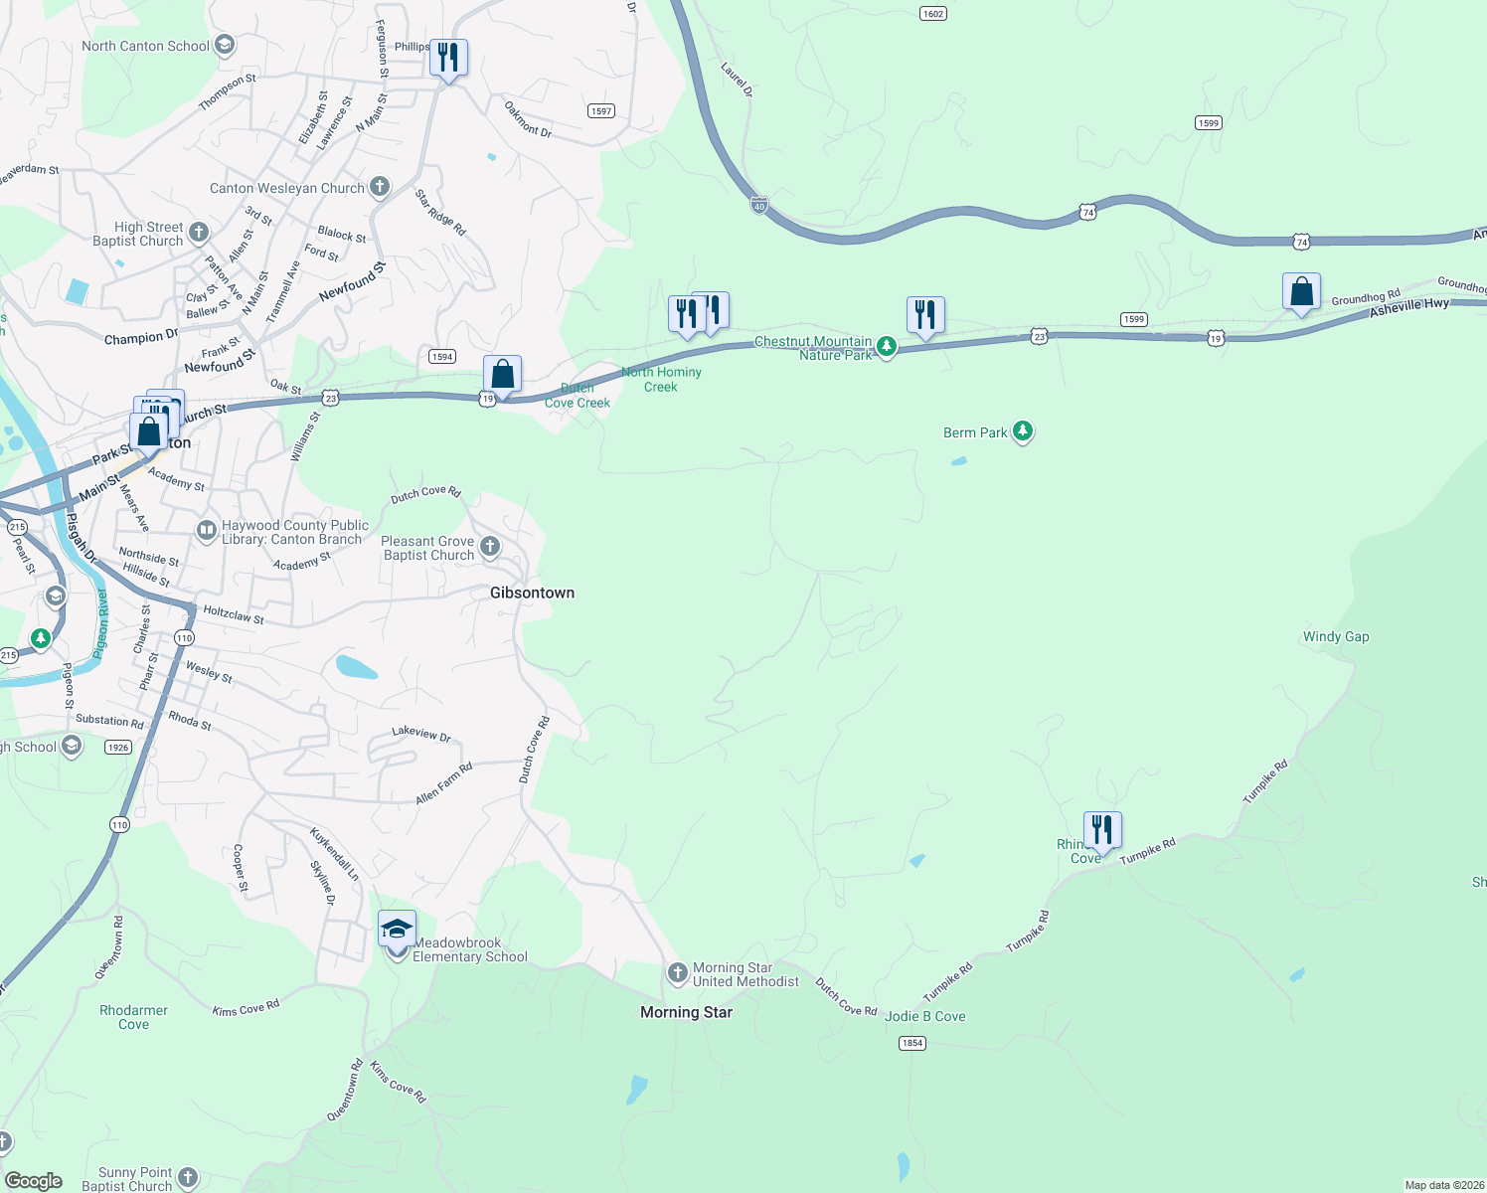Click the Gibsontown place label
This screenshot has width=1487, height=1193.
(x=532, y=593)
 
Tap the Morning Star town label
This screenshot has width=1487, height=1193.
(x=686, y=1012)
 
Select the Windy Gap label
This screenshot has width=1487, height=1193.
(x=1335, y=636)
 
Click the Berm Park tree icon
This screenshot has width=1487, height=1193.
(x=1023, y=431)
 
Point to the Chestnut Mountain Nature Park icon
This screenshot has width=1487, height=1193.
(x=887, y=346)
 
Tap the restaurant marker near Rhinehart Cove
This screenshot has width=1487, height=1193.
(x=1102, y=830)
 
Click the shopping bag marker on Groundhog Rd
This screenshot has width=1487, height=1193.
(x=1301, y=292)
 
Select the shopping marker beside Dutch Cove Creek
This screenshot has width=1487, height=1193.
(x=503, y=375)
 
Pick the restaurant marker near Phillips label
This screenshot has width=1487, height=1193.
(x=448, y=58)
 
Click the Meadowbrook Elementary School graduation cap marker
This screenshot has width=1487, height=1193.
(x=397, y=930)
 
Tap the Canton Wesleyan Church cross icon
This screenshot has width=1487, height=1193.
(x=380, y=187)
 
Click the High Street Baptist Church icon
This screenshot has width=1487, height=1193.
(x=199, y=233)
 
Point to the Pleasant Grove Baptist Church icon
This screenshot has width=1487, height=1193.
(x=490, y=546)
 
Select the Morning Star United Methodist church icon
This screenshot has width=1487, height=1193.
(x=677, y=972)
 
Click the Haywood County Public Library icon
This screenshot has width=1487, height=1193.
(x=206, y=531)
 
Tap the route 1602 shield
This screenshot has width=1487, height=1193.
(x=932, y=14)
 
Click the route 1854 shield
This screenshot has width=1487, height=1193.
(x=911, y=1043)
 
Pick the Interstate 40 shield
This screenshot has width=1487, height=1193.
(x=759, y=205)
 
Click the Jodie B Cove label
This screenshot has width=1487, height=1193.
(x=924, y=1016)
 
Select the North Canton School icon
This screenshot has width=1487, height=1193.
(x=225, y=45)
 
